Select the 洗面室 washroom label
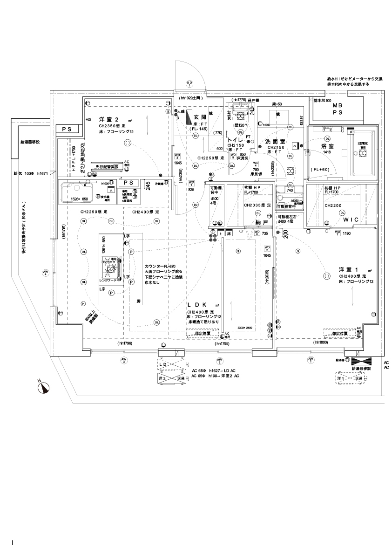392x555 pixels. tap(276, 140)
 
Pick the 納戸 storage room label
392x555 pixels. tap(262, 222)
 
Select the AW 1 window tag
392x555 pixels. tap(310, 360)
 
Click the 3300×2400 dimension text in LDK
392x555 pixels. tap(244, 328)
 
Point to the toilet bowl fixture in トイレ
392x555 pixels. tap(240, 117)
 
